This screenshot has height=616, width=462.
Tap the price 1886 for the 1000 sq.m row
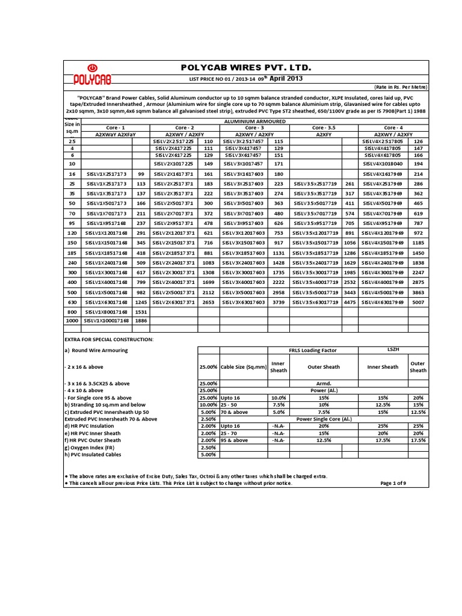[141, 321]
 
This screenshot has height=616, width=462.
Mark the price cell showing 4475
[350, 302]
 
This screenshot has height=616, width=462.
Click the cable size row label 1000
[72, 321]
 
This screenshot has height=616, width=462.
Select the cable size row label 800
[72, 312]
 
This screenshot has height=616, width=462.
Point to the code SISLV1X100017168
[106, 321]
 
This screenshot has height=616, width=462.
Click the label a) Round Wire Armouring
[96, 350]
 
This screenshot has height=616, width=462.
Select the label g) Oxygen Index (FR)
[92, 447]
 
